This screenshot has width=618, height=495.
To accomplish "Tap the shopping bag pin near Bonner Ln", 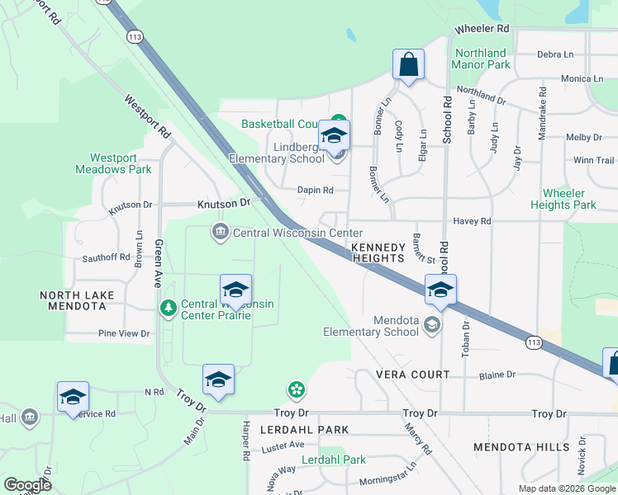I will pyautogui.click(x=408, y=64).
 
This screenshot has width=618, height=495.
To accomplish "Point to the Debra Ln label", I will pyautogui.click(x=555, y=54).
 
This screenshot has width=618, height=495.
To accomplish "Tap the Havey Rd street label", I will pyautogui.click(x=473, y=221).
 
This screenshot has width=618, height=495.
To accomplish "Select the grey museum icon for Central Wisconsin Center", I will pyautogui.click(x=221, y=233).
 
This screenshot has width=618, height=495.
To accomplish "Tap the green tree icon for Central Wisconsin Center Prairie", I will pyautogui.click(x=169, y=308).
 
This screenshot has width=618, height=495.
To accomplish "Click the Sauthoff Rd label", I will pyautogui.click(x=106, y=257).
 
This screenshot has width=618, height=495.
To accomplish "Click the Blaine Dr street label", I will pyautogui.click(x=497, y=374).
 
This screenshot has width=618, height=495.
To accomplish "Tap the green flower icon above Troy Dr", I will pyautogui.click(x=296, y=389).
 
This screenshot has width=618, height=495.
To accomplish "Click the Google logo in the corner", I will pyautogui.click(x=27, y=485).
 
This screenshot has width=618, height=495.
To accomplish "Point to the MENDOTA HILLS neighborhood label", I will pyautogui.click(x=521, y=447).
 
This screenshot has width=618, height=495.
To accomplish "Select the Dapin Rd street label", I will pyautogui.click(x=316, y=190).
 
